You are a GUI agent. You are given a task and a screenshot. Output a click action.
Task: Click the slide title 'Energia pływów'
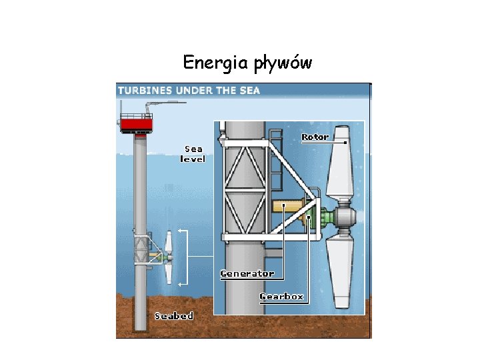tap(247, 63)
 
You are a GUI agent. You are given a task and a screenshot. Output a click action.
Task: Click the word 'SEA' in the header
tap(247, 90)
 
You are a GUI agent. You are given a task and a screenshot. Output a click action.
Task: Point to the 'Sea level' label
tap(193, 154)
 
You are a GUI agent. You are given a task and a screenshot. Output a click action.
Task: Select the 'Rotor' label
tap(315, 137)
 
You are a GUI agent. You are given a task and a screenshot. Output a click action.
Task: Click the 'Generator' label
tap(247, 273)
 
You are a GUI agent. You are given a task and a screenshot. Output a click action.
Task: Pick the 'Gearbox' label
tap(281, 296)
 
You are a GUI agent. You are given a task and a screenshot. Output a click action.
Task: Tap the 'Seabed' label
tap(173, 316)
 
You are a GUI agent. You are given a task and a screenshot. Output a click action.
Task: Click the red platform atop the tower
tap(136, 125)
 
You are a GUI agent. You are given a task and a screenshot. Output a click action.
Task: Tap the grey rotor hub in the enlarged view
tap(344, 217)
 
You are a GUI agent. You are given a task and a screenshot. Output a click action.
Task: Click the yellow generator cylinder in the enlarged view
tap(287, 207)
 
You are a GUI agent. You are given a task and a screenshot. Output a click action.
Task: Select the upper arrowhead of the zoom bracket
tap(181, 231)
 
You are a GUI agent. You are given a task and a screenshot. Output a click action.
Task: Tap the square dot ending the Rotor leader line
tap(345, 142)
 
